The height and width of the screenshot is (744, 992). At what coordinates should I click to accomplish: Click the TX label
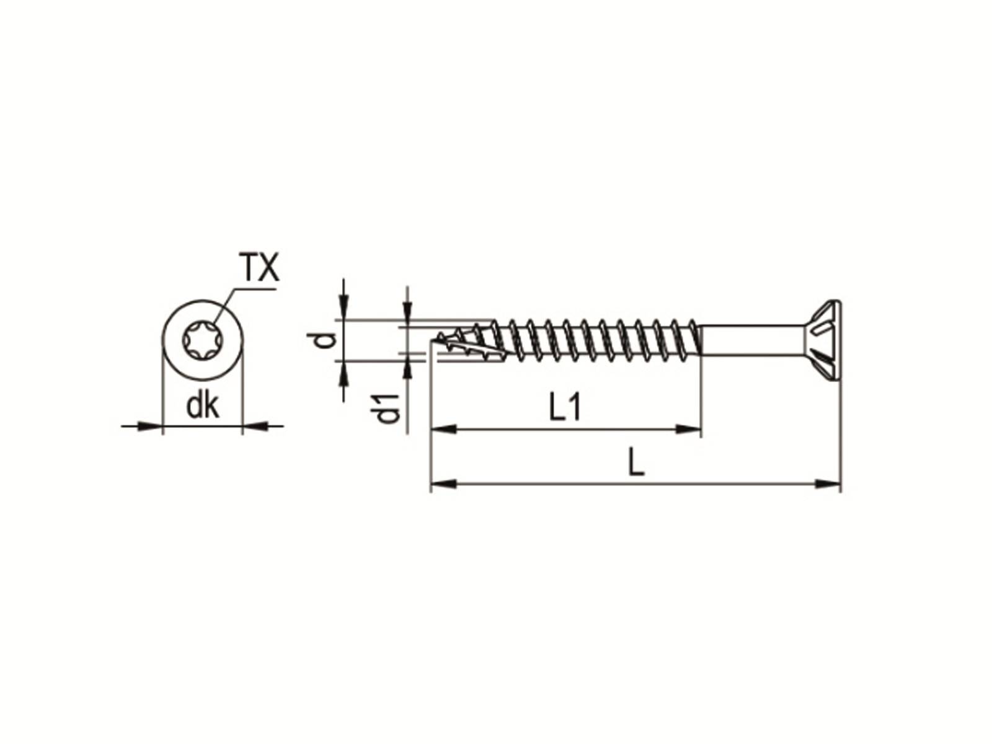(x=259, y=268)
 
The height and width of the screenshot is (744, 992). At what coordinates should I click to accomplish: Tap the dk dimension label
(x=203, y=406)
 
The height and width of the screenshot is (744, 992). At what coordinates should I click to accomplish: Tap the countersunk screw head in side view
(x=818, y=339)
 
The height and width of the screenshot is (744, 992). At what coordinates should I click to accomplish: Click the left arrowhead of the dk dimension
(x=149, y=426)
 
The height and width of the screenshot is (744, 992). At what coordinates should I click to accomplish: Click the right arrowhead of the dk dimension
(x=255, y=426)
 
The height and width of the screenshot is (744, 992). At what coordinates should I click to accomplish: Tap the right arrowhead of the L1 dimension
(x=688, y=428)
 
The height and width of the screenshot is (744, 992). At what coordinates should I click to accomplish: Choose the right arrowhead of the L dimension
(x=828, y=483)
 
